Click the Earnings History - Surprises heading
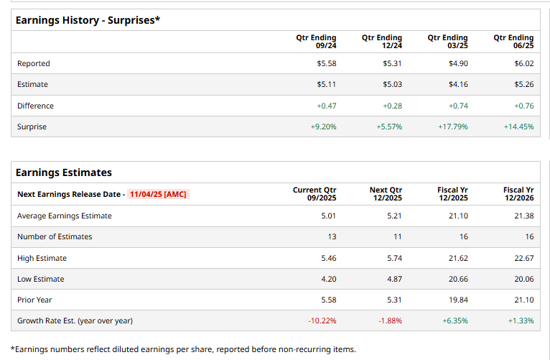(88, 20)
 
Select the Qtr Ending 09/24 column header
(316, 41)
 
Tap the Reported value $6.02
(524, 63)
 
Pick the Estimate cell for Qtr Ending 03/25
(458, 84)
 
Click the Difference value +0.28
(393, 106)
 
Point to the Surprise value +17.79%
(453, 126)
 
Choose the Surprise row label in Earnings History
(32, 126)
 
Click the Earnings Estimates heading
(64, 172)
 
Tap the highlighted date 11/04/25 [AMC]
(158, 194)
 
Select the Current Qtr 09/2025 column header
(314, 194)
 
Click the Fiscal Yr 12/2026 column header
(518, 194)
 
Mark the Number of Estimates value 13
(332, 236)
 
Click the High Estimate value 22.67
(524, 258)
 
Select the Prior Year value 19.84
(458, 300)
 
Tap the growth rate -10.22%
(322, 320)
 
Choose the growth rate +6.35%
(455, 320)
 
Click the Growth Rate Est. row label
(75, 320)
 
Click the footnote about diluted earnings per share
(183, 349)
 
